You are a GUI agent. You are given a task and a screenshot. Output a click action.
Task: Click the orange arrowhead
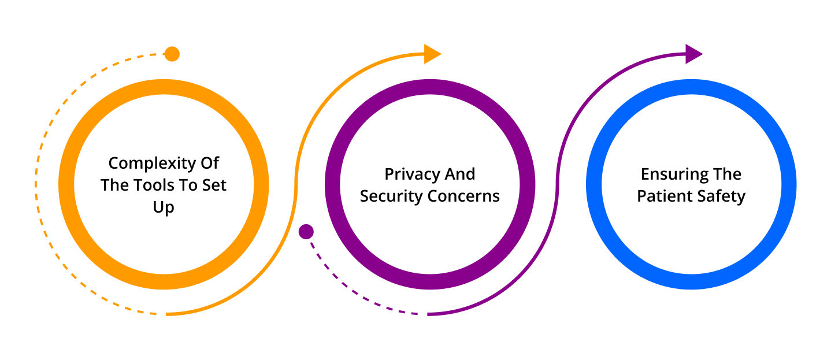tap(431, 54)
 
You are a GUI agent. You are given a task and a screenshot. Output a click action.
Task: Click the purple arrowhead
tap(692, 54)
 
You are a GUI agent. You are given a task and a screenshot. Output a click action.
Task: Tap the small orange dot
tap(172, 54)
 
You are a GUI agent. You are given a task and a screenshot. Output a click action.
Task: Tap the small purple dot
tap(306, 232)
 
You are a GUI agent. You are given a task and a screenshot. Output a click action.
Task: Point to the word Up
tap(164, 207)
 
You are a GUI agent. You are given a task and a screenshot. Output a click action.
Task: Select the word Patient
tap(662, 196)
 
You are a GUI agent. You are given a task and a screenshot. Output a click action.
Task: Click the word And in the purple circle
tap(459, 175)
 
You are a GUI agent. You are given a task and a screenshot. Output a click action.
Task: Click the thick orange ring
tap(67, 185)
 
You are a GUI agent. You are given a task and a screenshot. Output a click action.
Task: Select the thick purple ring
tap(333, 185)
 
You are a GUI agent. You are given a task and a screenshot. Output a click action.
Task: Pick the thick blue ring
tap(595, 185)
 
